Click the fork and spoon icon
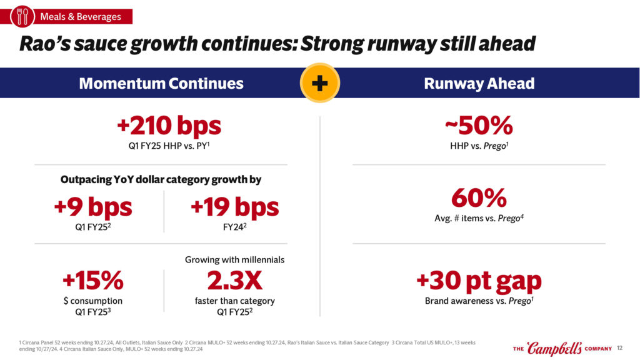tap(22, 16)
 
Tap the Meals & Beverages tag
tap(81, 16)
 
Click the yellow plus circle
tap(319, 83)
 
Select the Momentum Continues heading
tap(161, 83)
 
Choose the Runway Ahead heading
tap(479, 83)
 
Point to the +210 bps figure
tap(169, 126)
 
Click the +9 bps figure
tap(93, 207)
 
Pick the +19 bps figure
tap(234, 207)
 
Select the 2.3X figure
tap(234, 281)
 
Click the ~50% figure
tap(479, 126)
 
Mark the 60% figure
tap(479, 198)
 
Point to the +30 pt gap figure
tap(479, 281)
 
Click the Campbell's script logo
tap(554, 348)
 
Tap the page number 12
tap(620, 348)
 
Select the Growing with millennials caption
tap(234, 259)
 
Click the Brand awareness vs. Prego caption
tap(479, 301)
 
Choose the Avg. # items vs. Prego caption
tap(479, 218)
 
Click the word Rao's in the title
tap(45, 44)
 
